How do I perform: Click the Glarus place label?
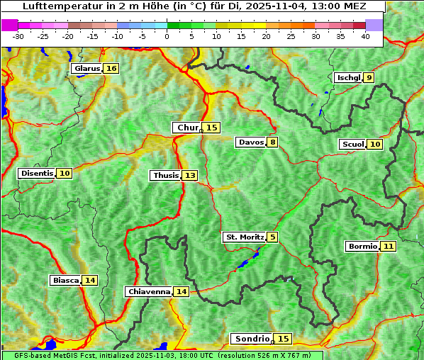(87, 69)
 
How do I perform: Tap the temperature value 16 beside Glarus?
(111, 69)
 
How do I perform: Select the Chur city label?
(188, 128)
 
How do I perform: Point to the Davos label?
(251, 142)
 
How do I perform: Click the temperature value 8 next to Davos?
(272, 142)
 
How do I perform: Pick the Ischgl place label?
(348, 78)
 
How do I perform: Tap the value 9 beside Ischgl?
(369, 78)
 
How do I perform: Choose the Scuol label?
(352, 145)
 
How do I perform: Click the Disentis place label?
(37, 174)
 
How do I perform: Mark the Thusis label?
(166, 175)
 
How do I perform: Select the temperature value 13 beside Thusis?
(190, 175)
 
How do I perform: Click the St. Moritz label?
(244, 237)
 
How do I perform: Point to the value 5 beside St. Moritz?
(273, 237)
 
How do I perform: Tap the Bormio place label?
(362, 247)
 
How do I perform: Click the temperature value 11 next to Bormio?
(388, 247)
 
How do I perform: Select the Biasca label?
(66, 281)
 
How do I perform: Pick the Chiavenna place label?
(149, 291)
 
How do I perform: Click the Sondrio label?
(252, 339)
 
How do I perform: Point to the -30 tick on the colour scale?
(18, 36)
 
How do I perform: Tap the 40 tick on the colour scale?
(365, 36)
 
